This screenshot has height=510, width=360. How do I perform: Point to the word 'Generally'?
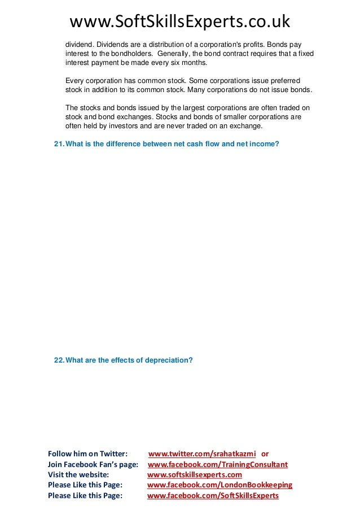pyautogui.click(x=168, y=54)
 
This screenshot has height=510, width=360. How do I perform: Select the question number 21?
pyautogui.click(x=58, y=145)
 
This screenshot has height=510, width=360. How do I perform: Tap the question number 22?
pyautogui.click(x=58, y=359)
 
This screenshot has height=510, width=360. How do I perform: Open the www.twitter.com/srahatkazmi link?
pyautogui.click(x=203, y=454)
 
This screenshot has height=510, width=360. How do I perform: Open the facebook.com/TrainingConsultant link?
pyautogui.click(x=217, y=464)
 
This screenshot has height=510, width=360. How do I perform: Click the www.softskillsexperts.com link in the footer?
pyautogui.click(x=194, y=475)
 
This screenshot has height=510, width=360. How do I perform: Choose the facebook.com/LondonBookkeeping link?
pyautogui.click(x=219, y=485)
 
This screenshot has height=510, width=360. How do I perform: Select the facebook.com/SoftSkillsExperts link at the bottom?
pyautogui.click(x=213, y=496)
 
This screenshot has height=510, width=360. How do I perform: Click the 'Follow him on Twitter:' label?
pyautogui.click(x=87, y=454)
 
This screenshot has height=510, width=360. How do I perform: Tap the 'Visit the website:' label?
pyautogui.click(x=78, y=475)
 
